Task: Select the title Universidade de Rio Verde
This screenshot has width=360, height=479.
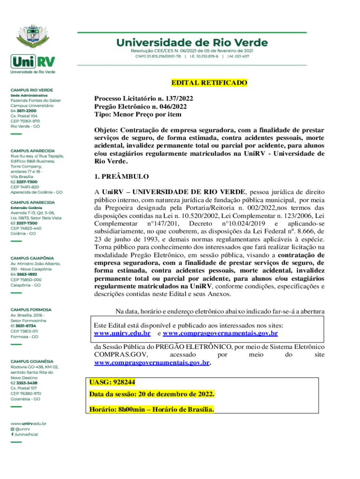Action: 192,43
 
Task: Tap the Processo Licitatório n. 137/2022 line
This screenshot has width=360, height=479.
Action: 144,99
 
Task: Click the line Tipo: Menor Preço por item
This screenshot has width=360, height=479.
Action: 137,114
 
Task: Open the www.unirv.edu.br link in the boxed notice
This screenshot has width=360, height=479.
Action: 122,334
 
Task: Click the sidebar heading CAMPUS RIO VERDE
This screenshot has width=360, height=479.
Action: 32,90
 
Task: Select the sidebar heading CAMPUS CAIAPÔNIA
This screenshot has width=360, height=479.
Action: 32,258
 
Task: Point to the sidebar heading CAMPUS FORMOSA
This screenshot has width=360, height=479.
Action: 31,310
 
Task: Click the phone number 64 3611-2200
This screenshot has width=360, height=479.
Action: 26,110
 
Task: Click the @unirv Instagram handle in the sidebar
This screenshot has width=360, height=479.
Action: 22,428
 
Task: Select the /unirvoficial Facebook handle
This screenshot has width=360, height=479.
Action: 26,434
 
